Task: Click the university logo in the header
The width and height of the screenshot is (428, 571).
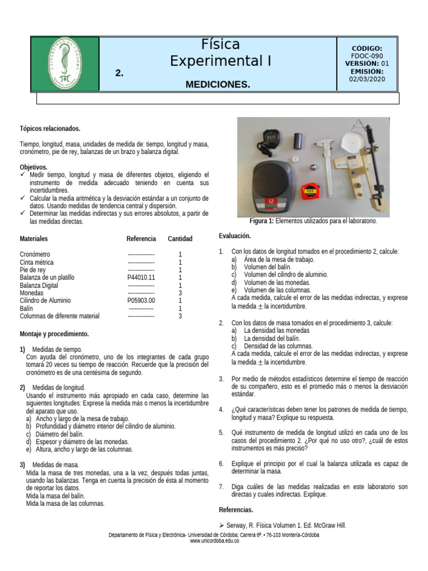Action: coord(65,64)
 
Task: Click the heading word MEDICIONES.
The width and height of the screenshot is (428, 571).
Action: coord(217,84)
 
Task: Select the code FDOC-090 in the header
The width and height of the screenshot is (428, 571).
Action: coord(367,56)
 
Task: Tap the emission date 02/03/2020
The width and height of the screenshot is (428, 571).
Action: coord(367,79)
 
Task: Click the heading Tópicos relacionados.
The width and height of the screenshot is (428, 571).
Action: coord(50,128)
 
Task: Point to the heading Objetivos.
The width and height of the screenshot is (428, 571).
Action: coord(33,167)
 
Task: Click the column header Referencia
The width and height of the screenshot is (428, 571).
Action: coord(141,239)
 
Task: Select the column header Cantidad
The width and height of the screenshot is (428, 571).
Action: coord(180,239)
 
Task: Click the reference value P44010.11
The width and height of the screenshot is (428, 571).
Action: coord(141,277)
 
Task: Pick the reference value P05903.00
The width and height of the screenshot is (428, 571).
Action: coord(141,301)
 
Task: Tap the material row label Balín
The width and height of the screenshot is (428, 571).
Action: coord(26,308)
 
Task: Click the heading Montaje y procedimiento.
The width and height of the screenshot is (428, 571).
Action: coord(54,334)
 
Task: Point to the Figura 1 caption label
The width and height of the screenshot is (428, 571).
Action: coord(262,221)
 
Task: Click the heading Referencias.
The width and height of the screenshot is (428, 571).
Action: coord(236,510)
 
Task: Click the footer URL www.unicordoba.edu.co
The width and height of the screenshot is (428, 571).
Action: coord(214,541)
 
